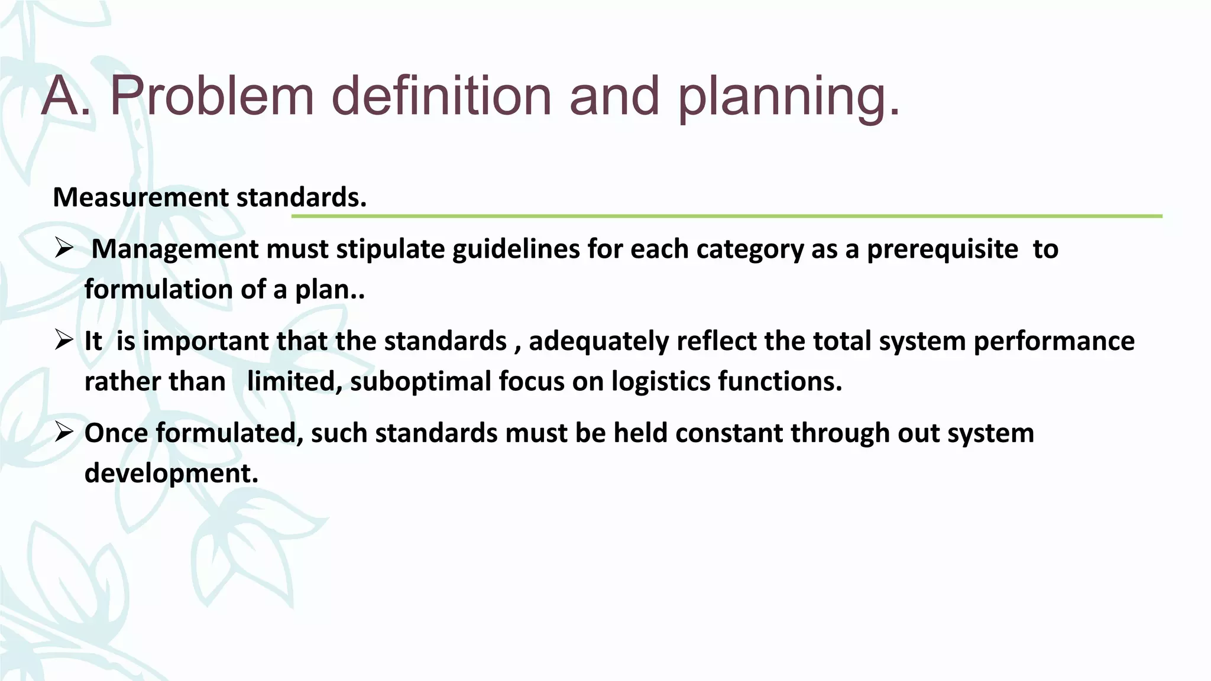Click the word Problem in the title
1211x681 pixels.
(212, 96)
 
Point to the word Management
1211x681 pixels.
(174, 249)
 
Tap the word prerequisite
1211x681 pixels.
(943, 249)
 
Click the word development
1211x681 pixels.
(171, 474)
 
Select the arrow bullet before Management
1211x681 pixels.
(63, 249)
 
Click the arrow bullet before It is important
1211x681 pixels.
(63, 340)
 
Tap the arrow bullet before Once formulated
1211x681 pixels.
(63, 433)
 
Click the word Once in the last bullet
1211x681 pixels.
(116, 433)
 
